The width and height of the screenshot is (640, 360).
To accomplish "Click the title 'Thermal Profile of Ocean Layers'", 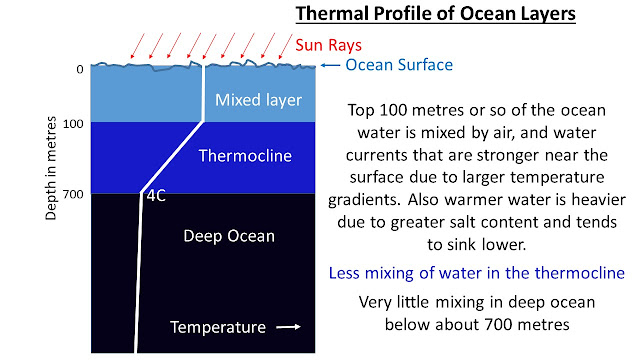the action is pos(436,13).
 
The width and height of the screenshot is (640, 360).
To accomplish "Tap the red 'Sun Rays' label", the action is pos(329,45).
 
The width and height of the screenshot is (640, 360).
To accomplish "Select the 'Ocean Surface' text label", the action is pos(399,65).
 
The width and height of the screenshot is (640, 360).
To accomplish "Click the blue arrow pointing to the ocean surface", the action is pos(330,65).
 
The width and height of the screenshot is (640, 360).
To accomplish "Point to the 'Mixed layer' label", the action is pos(258,100).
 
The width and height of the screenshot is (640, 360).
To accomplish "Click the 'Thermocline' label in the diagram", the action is pos(245,156).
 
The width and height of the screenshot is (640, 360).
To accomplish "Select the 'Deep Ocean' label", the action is pos(229,236).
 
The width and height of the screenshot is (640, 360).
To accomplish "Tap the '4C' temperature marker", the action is pos(156,196).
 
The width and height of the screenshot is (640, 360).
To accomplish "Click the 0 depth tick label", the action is pos(80,69).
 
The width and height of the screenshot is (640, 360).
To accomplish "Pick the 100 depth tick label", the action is pos(73,123).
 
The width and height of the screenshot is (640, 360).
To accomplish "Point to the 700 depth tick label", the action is pos(73,194).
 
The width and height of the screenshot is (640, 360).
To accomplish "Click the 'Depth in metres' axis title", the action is pos(51,168).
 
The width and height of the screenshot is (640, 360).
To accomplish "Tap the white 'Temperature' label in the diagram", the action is pos(218,327).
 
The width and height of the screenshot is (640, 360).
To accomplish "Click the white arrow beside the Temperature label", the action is pos(289,327).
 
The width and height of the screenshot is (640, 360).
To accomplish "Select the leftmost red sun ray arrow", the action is pos(138,46).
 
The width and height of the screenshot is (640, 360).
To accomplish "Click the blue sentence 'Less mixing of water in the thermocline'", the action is pos(477,273).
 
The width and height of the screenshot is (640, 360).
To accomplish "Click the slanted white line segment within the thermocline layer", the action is pos(172,157).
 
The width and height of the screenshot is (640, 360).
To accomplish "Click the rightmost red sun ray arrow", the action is pos(286,46).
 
